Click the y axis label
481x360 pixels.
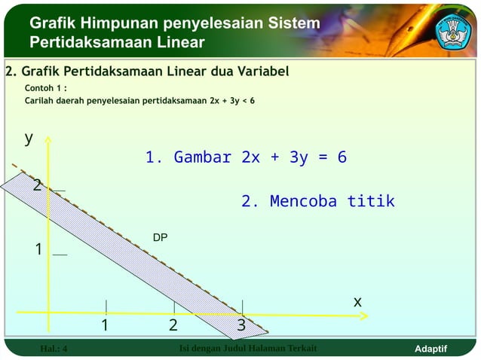[29, 138]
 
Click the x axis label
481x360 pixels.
[357, 301]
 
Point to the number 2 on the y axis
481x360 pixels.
[37, 185]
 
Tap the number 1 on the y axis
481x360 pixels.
[38, 249]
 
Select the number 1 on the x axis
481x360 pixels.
[106, 325]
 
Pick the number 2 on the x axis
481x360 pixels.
[173, 325]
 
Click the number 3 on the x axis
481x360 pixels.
[241, 325]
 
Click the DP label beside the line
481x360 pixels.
[160, 238]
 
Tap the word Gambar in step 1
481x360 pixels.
[202, 157]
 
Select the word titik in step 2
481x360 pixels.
[371, 202]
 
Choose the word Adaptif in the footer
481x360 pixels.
[431, 349]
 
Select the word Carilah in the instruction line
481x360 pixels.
[42, 99]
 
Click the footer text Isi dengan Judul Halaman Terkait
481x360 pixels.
[248, 348]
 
